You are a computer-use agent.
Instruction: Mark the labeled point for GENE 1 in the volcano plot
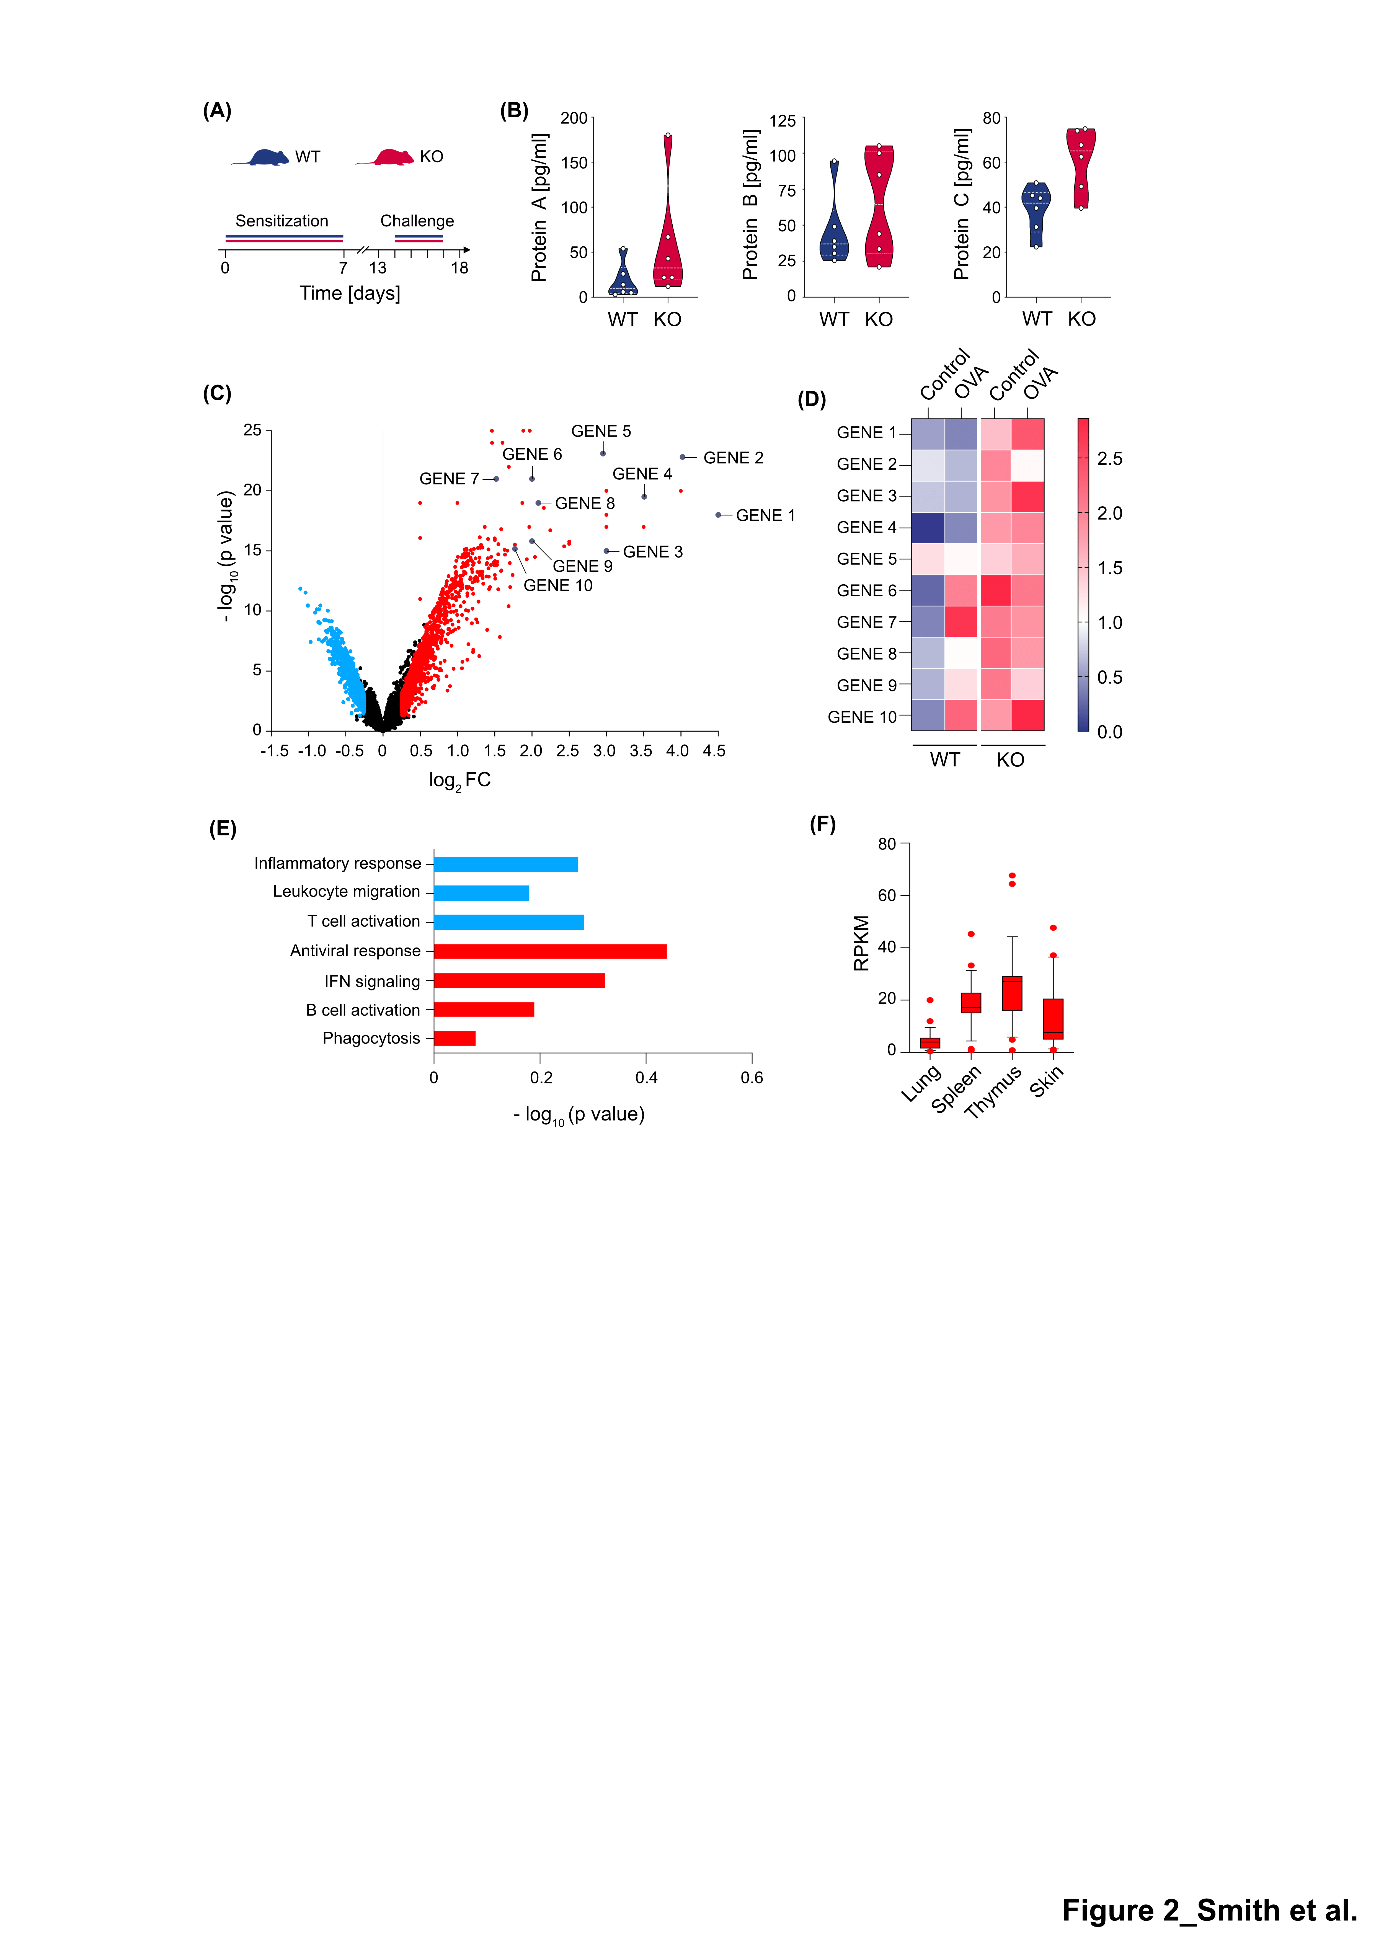(x=718, y=515)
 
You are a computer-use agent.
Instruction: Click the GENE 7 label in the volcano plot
(x=449, y=479)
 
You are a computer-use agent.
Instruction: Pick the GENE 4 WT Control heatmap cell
(x=928, y=528)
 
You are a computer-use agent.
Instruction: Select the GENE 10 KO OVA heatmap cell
(x=1028, y=716)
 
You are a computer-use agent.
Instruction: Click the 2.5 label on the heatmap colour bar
(x=1110, y=459)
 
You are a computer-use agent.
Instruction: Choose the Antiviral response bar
(x=550, y=951)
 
